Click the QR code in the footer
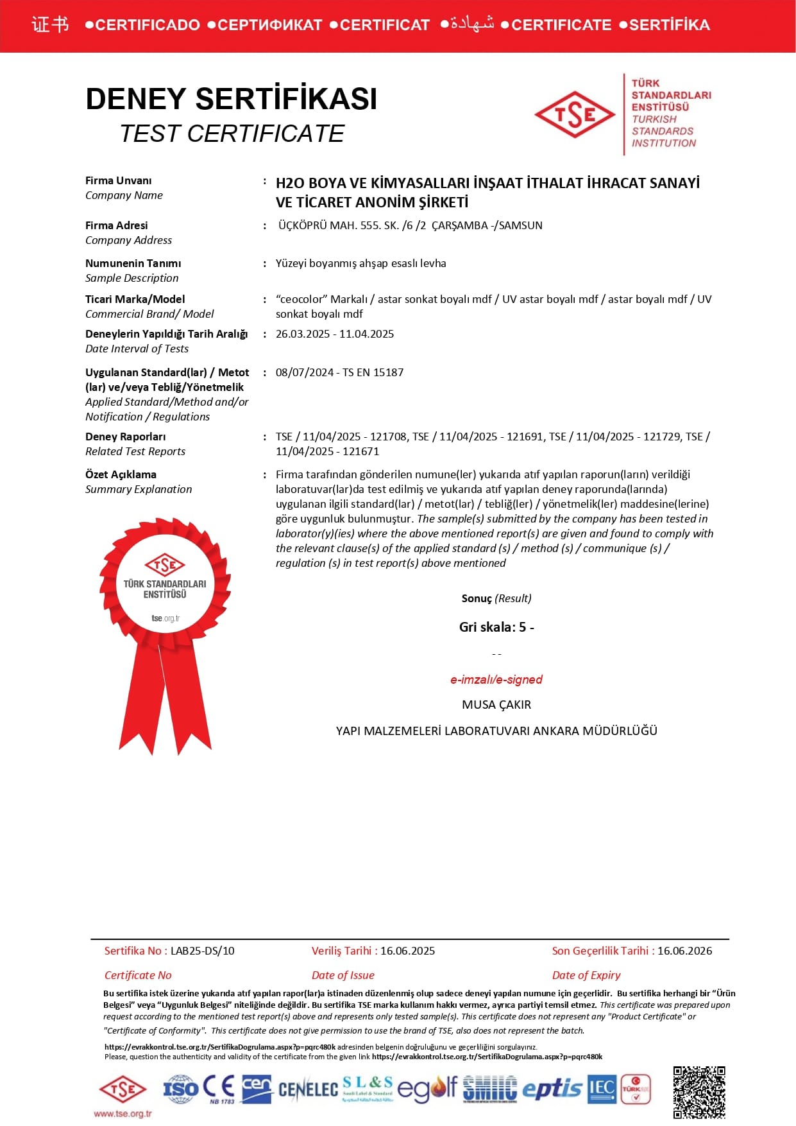[699, 1091]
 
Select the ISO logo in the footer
[180, 1089]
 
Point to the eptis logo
[552, 1089]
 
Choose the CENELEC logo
[308, 1089]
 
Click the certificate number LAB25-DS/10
[203, 951]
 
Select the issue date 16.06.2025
[407, 951]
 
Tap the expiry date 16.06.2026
[684, 951]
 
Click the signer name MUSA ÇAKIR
[496, 704]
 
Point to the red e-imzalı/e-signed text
[496, 679]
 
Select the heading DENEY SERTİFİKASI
[231, 99]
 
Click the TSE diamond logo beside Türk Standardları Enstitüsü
[575, 115]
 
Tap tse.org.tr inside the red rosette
[165, 618]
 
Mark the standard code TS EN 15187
[373, 372]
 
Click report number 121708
[389, 437]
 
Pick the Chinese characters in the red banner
[50, 25]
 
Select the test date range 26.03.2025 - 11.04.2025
[335, 334]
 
